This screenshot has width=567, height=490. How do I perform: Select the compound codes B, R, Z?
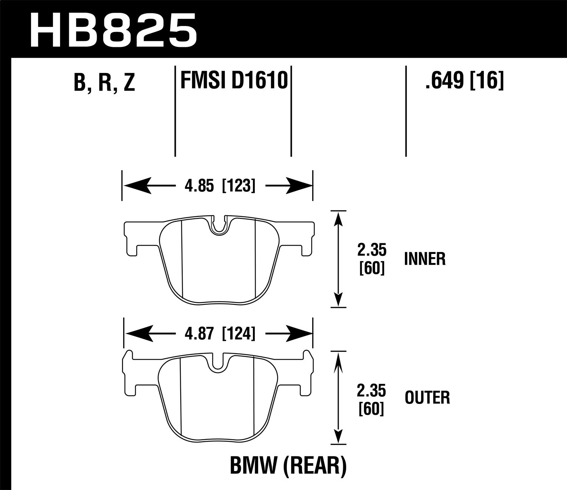(x=104, y=82)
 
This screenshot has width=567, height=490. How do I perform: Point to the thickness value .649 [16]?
(x=464, y=80)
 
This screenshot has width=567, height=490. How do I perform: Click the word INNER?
(x=424, y=259)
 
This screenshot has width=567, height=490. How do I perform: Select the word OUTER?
(x=427, y=398)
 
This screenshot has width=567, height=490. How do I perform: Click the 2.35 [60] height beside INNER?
(x=372, y=259)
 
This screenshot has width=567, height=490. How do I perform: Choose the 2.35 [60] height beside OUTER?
(x=372, y=398)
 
